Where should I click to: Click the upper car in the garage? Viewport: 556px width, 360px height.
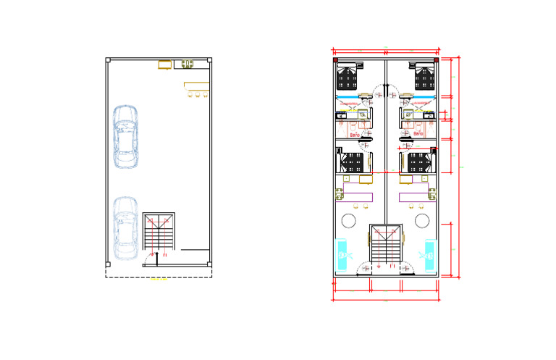click(x=126, y=136)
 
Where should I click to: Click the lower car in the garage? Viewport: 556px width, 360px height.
click(x=126, y=227)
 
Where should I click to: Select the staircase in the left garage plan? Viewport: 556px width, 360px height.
click(x=159, y=231)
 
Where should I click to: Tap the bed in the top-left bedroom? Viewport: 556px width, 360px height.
click(x=350, y=75)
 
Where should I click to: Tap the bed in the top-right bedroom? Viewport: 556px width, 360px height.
click(x=423, y=75)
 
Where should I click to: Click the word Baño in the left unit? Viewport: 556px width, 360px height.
click(x=355, y=135)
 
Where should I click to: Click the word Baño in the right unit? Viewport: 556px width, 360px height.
click(x=418, y=135)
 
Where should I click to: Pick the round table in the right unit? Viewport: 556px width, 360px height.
click(x=421, y=220)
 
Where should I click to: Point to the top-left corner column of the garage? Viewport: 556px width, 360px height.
click(x=108, y=61)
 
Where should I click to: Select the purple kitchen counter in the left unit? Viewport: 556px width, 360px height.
click(x=358, y=196)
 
